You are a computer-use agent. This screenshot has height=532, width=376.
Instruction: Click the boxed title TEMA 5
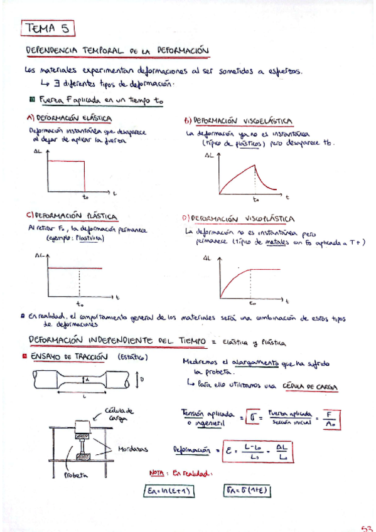point(48,28)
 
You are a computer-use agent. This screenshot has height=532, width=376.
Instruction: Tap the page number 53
point(367,526)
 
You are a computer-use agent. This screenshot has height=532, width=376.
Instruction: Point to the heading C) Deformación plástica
point(72,216)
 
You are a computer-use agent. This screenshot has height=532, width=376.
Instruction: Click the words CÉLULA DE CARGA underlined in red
point(309,385)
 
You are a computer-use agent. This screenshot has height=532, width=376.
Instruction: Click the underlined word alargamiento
point(255,363)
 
